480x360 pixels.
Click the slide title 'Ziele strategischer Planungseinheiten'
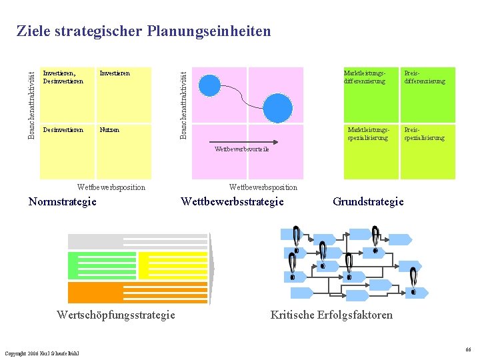[x=143, y=31]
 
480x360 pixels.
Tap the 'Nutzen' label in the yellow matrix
[x=109, y=130]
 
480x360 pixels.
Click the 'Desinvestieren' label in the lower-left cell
[x=63, y=130]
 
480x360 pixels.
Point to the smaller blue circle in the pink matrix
[x=211, y=85]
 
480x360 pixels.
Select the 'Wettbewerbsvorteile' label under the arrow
[x=242, y=149]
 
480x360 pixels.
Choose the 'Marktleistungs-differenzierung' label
[x=365, y=77]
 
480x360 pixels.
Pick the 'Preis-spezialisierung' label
[x=424, y=133]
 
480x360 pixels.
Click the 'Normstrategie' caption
[x=63, y=201]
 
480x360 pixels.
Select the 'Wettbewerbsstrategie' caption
[x=232, y=201]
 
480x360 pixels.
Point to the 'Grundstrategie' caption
[x=368, y=201]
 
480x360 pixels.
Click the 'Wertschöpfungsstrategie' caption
[x=116, y=315]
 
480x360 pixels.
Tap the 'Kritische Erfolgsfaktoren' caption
[x=331, y=315]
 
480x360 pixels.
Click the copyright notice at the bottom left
[x=41, y=353]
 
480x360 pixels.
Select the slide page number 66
[x=469, y=349]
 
